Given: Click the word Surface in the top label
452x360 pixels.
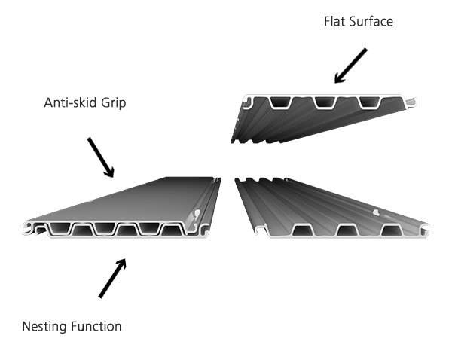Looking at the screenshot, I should pos(370,21).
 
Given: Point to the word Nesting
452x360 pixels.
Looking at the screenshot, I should pos(44,326).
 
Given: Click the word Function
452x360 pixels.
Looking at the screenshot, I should pos(96,326).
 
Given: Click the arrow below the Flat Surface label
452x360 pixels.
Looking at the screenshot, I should pos(350,66).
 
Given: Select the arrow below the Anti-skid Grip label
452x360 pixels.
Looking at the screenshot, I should pos(101,157).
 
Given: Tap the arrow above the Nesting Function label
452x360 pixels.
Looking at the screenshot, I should pos(112,278).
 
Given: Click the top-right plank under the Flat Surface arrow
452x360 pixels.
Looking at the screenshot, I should pos(316,117).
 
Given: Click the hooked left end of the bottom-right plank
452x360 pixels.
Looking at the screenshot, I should pos(260,229).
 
